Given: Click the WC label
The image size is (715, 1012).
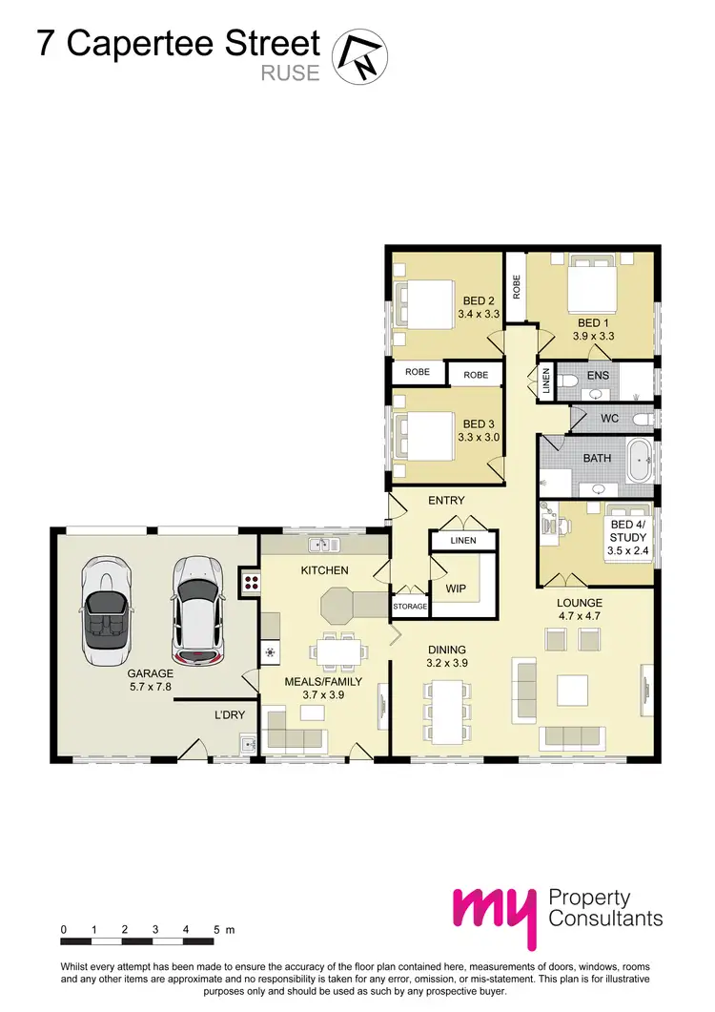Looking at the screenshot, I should (x=611, y=419).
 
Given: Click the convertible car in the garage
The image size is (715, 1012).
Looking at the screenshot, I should (x=106, y=610).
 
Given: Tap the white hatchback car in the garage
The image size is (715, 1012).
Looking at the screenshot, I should (x=195, y=610).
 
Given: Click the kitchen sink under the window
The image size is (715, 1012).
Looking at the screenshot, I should (x=324, y=546).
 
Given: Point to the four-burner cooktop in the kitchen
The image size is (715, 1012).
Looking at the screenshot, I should (x=252, y=582).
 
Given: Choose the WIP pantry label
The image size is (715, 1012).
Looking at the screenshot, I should (x=456, y=589).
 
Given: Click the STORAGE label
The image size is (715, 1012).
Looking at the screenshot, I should (x=410, y=606).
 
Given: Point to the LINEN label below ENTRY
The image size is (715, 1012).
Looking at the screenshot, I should (x=462, y=541).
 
